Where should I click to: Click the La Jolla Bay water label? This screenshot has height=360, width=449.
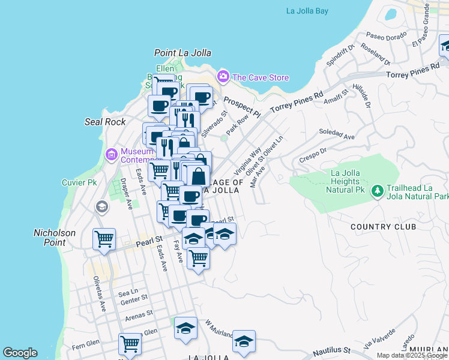307,11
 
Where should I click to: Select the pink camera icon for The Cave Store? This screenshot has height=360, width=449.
223,76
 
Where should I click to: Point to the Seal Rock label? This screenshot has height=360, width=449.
105,122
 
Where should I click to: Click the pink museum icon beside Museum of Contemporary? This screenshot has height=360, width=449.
111,155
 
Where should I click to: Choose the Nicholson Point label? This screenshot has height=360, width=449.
55,236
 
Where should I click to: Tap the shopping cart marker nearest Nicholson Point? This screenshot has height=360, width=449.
104,239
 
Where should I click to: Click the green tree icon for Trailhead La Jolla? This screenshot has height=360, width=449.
377,191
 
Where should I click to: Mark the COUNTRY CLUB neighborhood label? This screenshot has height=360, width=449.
383,227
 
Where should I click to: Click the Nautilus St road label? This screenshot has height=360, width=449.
330,349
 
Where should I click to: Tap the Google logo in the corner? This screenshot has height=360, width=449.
20,353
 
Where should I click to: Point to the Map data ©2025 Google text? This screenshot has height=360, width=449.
412,355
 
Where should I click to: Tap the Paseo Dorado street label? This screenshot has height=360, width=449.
384,37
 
